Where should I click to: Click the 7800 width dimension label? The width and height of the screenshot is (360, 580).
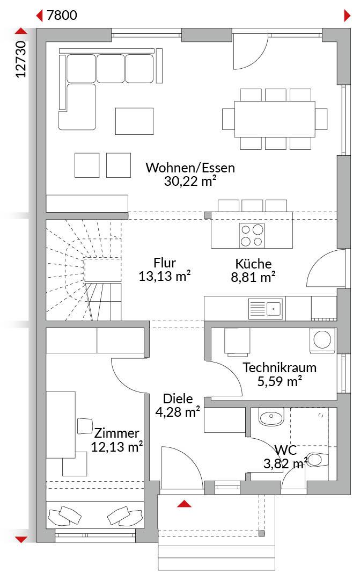tap(62, 15)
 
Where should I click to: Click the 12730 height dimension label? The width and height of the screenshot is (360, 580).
tap(21, 59)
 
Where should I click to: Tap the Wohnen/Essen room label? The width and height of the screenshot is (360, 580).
tap(190, 168)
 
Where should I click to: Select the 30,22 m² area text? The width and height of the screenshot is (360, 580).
tap(190, 182)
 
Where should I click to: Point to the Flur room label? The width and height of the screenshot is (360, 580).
tap(165, 263)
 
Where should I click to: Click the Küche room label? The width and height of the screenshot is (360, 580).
tap(253, 264)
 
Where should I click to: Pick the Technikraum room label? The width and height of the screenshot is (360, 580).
tap(280, 368)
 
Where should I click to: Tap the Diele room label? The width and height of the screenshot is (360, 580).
tap(178, 398)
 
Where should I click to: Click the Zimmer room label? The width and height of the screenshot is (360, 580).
tap(116, 433)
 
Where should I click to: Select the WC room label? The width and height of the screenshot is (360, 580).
tap(285, 450)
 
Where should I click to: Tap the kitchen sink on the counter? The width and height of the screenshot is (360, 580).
tap(265, 308)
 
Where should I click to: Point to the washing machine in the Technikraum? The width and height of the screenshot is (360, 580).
tap(322, 339)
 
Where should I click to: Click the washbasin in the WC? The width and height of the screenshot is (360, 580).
tap(271, 417)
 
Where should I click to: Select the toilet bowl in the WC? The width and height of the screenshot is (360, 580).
tap(317, 460)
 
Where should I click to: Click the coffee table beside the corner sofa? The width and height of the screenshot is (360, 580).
tap(134, 121)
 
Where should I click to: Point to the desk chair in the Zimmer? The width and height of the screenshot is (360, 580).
tap(85, 426)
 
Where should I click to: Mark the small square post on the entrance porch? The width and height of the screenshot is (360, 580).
tap(261, 533)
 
